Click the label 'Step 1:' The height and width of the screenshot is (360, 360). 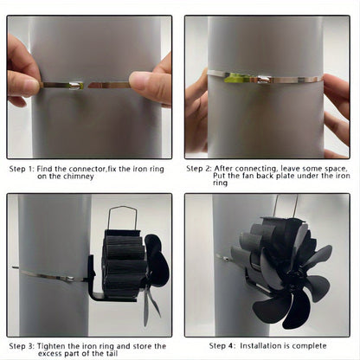(22, 169)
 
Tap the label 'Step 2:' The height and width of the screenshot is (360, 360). (199, 169)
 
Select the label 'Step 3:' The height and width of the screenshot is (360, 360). (22, 346)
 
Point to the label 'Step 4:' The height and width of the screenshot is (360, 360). (222, 345)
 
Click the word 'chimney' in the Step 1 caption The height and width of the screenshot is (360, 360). (79, 177)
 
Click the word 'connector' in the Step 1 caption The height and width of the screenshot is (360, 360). (86, 169)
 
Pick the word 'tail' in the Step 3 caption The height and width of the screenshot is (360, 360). (111, 353)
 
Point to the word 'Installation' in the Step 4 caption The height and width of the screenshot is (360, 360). (261, 345)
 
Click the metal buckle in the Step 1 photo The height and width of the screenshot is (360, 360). (75, 85)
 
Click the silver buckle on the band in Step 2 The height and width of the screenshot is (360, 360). (264, 79)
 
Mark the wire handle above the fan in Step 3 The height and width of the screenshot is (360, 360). (122, 218)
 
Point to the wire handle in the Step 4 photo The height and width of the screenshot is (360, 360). (285, 207)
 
